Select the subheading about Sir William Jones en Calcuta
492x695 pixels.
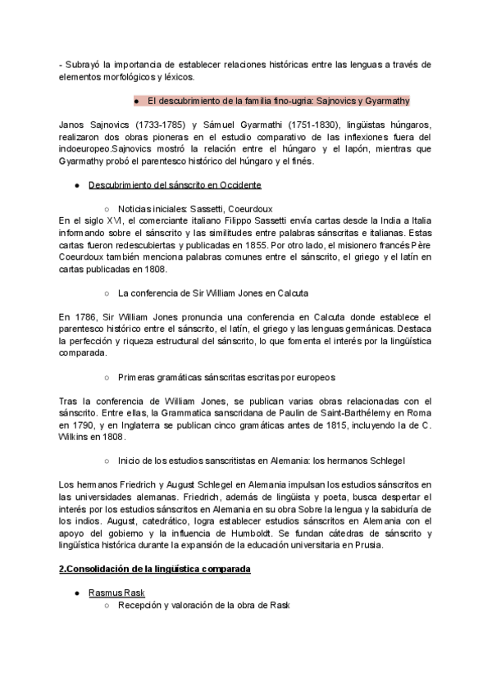213,292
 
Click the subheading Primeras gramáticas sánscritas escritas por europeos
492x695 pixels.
226,377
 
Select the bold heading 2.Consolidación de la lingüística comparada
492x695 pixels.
155,568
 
